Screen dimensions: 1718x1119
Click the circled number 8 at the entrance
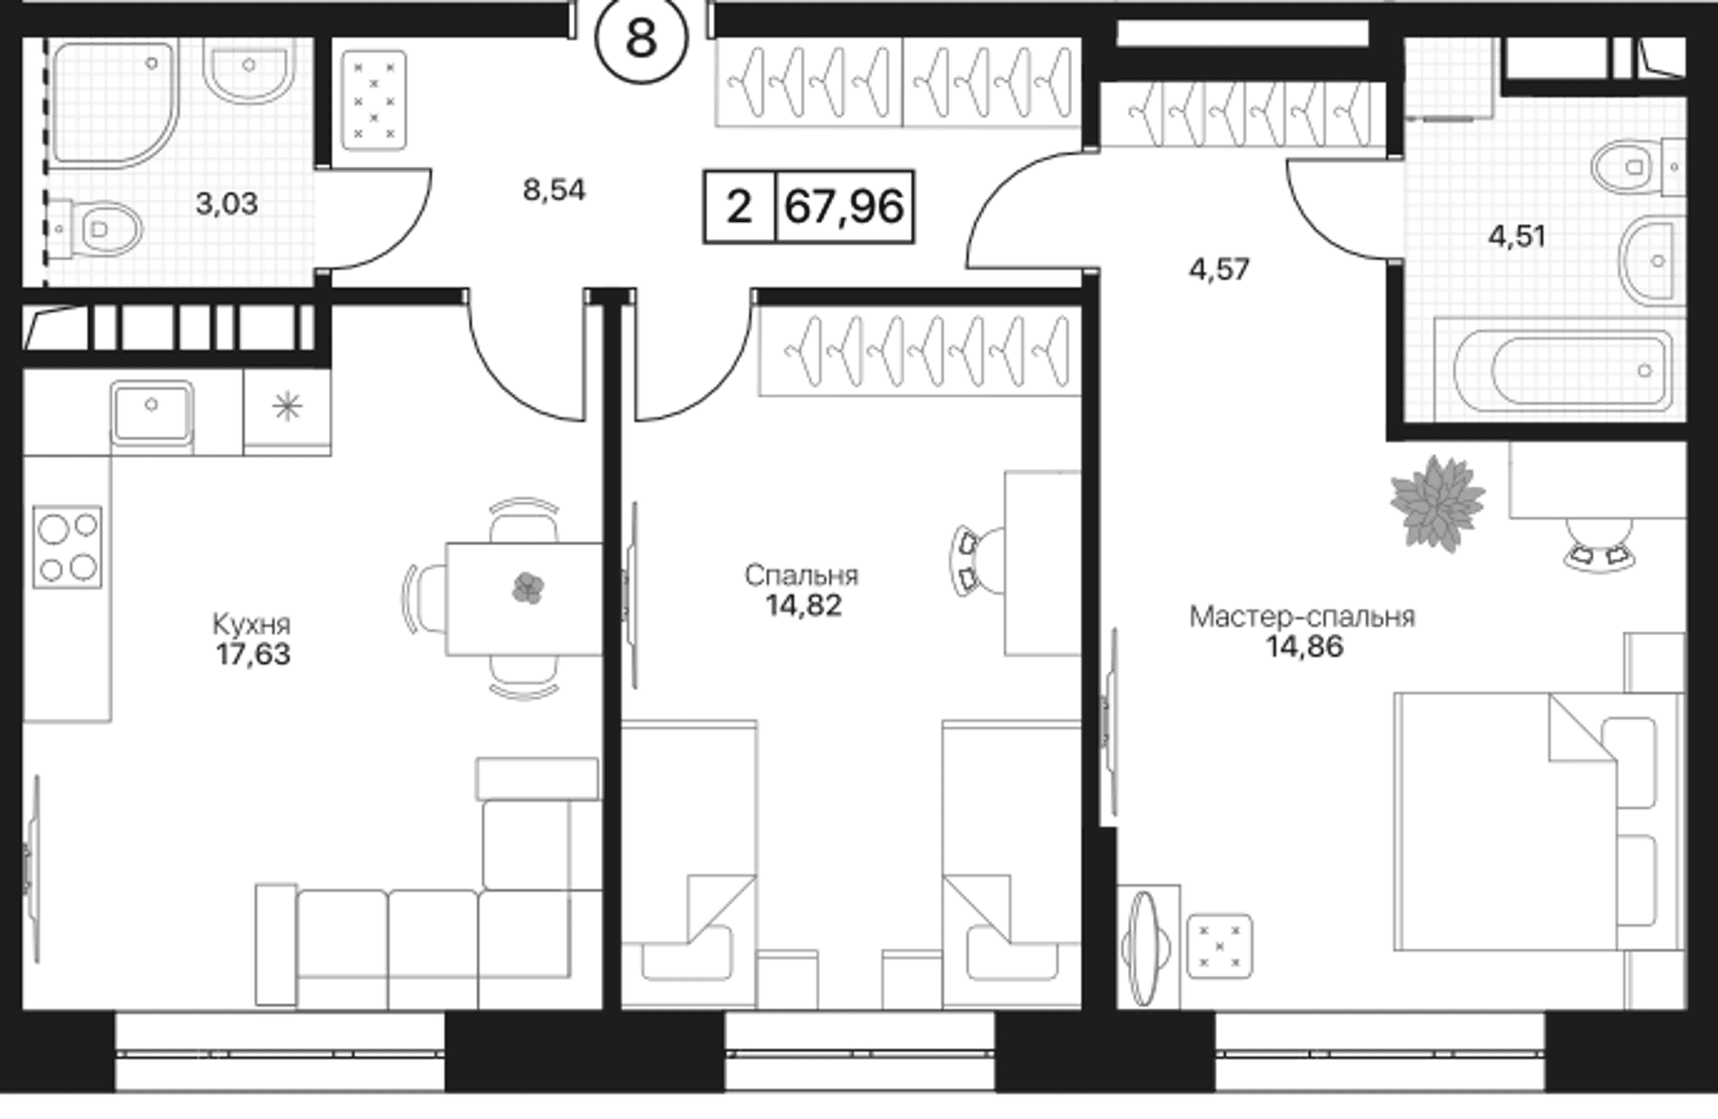(x=642, y=38)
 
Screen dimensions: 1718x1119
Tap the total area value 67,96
(x=844, y=207)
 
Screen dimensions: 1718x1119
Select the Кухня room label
(x=251, y=623)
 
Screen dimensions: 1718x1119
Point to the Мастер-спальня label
(x=1302, y=617)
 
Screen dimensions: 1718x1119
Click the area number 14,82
(x=804, y=606)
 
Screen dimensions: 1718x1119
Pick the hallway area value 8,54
(x=554, y=190)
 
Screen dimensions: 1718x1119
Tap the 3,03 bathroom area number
(x=226, y=204)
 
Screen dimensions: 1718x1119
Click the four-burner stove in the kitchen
(x=67, y=546)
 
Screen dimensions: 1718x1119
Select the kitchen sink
(x=151, y=412)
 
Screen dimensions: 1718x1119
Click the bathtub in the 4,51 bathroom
(x=1562, y=370)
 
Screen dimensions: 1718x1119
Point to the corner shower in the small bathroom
(x=115, y=103)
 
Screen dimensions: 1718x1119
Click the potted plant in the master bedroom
(x=1437, y=501)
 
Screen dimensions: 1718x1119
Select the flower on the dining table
(x=528, y=588)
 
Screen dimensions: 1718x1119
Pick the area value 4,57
(x=1220, y=269)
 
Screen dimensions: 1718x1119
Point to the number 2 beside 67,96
(x=739, y=207)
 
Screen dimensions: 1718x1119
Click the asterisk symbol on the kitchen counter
(x=287, y=408)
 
